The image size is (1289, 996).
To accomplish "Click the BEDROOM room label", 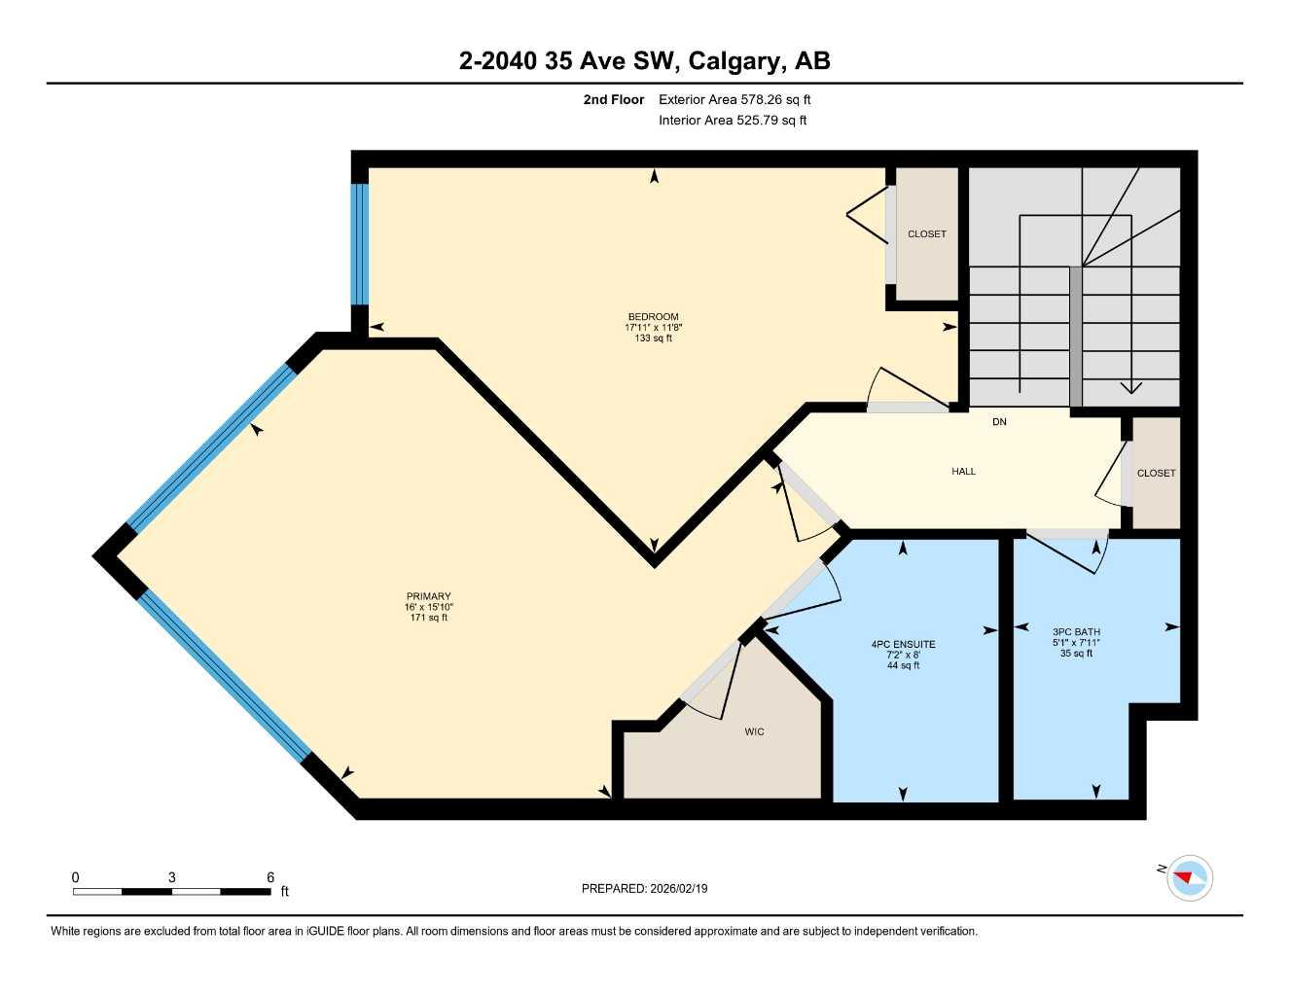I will click(x=653, y=317).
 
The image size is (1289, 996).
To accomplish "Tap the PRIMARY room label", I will click(x=428, y=596).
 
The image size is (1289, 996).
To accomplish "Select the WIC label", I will click(x=754, y=731).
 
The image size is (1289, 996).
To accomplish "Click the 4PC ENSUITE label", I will click(x=903, y=644).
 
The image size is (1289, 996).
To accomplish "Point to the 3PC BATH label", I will click(x=1076, y=631).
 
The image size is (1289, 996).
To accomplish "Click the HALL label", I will click(x=963, y=472).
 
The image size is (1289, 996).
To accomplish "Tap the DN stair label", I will click(x=999, y=422).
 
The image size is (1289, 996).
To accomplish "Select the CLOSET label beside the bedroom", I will click(x=926, y=234).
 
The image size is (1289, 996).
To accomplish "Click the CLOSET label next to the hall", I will click(x=1156, y=474).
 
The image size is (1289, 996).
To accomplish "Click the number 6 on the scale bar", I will click(x=270, y=877).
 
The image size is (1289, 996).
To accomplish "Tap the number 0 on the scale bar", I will click(x=75, y=877).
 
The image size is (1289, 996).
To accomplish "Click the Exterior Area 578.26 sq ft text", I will click(x=734, y=99).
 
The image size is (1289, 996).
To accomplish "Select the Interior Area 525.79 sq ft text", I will click(x=733, y=121).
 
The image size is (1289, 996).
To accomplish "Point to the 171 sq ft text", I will click(x=428, y=618).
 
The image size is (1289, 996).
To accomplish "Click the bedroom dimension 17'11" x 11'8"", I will click(x=653, y=328).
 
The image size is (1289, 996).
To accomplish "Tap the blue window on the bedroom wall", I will click(x=360, y=244).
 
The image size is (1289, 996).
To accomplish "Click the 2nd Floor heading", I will click(x=613, y=99).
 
